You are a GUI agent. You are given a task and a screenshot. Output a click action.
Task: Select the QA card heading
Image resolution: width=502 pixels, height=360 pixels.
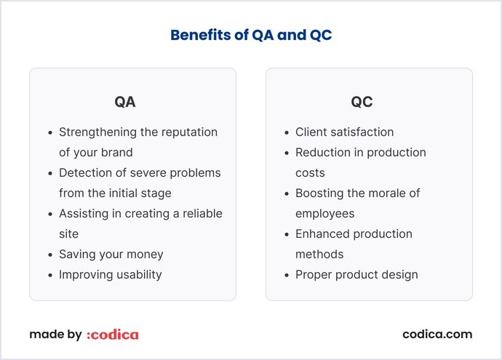[x=125, y=102]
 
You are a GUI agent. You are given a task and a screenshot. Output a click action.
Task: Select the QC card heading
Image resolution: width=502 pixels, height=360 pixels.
[x=362, y=102]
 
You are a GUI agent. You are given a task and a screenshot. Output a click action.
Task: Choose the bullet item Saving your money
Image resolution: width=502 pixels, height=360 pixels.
[x=111, y=255]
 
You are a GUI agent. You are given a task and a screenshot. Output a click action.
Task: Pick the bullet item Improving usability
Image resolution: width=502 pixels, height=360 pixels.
[x=110, y=275]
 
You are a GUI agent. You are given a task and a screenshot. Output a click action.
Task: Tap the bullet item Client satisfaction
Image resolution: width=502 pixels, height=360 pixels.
[x=344, y=132]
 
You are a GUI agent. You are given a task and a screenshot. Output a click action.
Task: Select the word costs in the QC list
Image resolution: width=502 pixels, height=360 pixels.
[x=311, y=173]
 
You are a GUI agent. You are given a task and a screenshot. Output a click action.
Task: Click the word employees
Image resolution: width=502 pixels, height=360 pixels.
[x=324, y=214]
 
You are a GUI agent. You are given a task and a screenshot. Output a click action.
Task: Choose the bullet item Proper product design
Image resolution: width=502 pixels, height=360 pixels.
[x=356, y=275]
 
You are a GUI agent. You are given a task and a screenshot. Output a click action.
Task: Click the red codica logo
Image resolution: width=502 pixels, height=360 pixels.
[x=113, y=335]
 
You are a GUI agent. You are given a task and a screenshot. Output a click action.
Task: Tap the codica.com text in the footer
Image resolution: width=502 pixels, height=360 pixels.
[x=437, y=335]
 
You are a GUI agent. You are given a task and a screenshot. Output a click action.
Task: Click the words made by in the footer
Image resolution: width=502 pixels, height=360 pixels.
[x=55, y=335]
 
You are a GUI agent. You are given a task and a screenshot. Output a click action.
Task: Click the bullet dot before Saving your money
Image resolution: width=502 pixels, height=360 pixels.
[x=49, y=255]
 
